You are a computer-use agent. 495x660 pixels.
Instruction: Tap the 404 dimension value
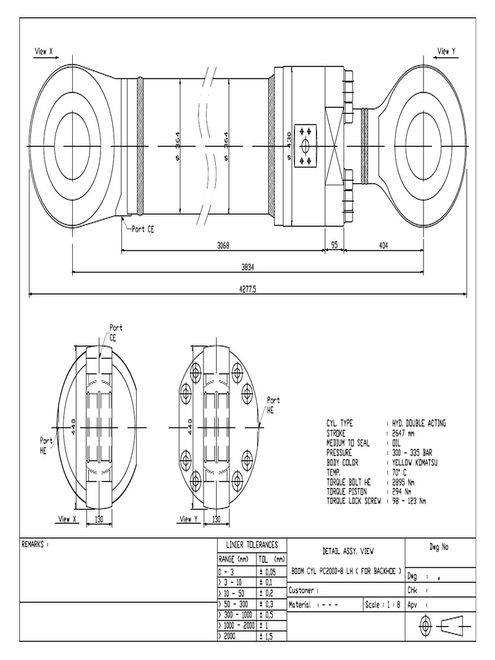point(383,245)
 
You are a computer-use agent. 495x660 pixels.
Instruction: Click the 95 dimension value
point(334,245)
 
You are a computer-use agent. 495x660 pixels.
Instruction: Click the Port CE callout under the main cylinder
point(142,229)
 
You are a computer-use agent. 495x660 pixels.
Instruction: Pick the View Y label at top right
point(446,51)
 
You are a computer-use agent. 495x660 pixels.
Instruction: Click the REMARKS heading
point(36,545)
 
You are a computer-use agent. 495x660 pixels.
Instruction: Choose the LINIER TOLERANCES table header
point(247,545)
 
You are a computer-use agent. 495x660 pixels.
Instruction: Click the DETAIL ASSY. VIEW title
point(347,551)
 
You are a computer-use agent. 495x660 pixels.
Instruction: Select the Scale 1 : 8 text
point(383,605)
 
